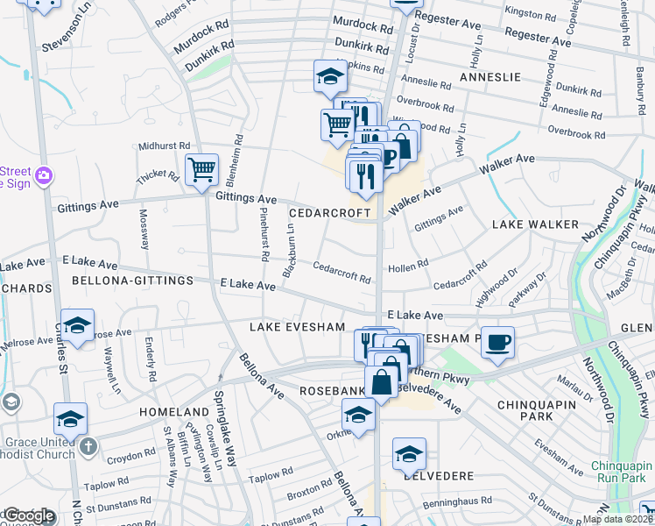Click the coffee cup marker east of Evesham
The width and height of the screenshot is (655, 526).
498,342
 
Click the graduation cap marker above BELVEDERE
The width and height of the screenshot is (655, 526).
408,453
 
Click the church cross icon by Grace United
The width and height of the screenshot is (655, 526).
88,447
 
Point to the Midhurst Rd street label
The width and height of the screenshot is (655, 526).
163,146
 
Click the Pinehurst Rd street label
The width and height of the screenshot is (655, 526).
264,234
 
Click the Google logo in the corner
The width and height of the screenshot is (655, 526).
28,516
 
